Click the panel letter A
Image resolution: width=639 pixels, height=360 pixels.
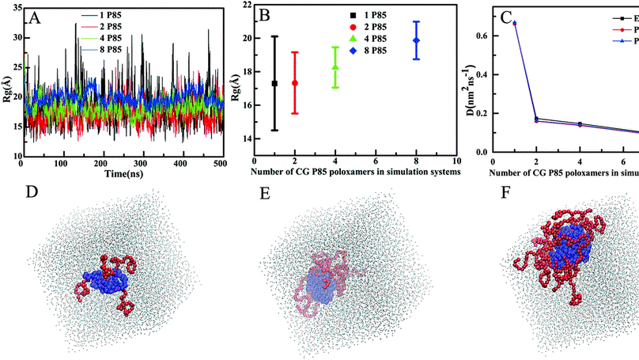[35, 17]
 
